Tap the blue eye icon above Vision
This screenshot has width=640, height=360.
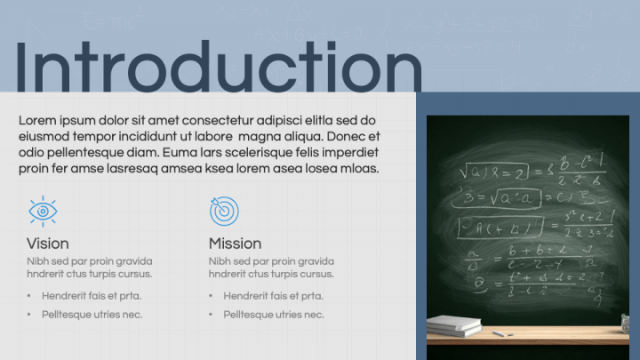tap(42, 211)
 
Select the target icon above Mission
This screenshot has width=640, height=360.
tap(224, 211)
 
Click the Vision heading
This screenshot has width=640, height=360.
tap(48, 244)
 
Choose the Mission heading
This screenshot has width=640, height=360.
tap(235, 244)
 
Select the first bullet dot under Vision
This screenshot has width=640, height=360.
tap(29, 296)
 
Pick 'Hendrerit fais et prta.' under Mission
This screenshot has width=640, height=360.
tap(274, 296)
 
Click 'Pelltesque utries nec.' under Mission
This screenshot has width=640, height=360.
tap(274, 315)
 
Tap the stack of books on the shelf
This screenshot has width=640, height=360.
tap(455, 324)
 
